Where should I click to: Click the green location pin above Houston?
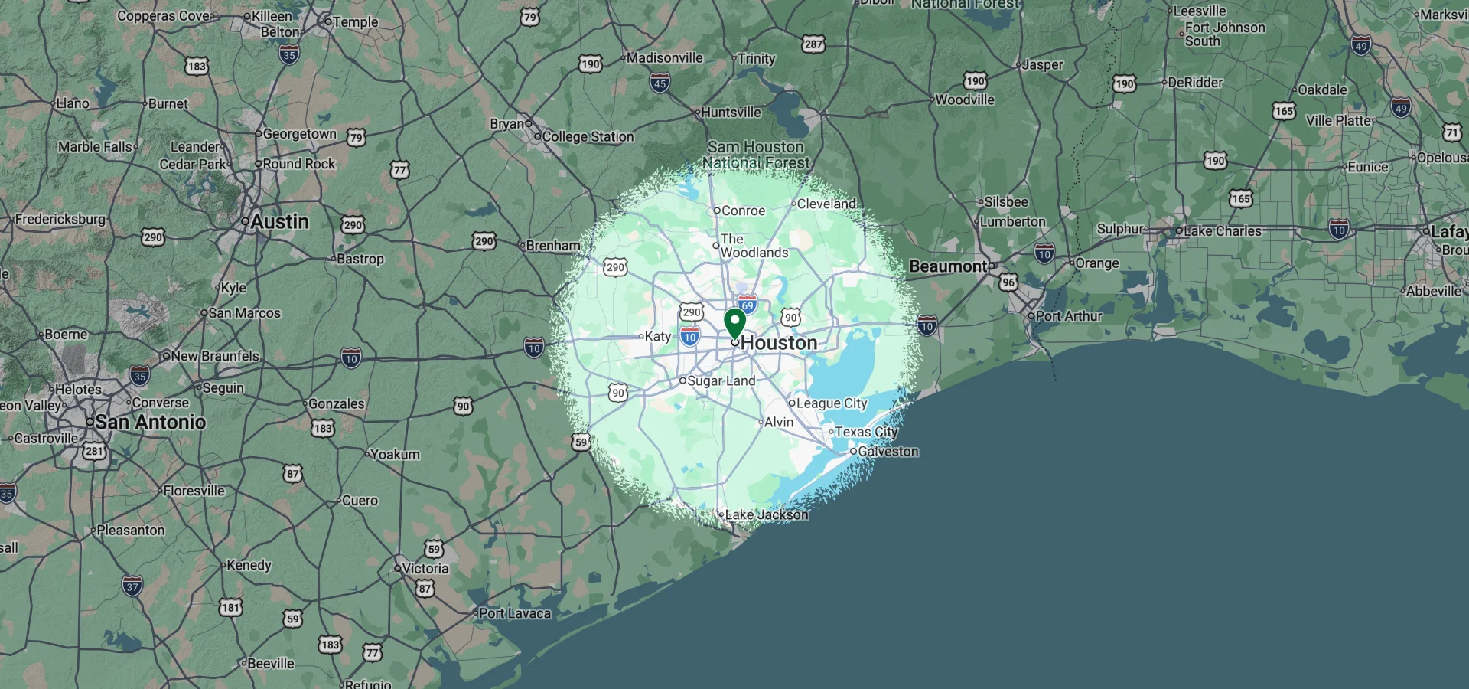pos(734,322)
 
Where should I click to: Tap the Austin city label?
pos(279,222)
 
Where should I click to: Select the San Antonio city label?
pos(150,422)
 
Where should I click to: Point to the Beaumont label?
pos(948,266)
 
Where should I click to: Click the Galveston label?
pos(888,452)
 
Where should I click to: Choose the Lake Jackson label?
pos(766,514)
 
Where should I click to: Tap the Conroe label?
pos(743,211)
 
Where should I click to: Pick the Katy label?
pos(657,336)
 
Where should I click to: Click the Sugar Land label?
pos(721,380)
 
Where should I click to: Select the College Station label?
pos(588,137)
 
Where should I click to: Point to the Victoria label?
pos(425,568)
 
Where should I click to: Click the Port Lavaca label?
pos(514,613)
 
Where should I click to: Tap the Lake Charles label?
pos(1222,231)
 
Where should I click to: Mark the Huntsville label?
pos(731,113)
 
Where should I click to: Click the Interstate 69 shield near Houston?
pos(748,304)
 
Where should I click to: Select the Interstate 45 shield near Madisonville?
pos(660,83)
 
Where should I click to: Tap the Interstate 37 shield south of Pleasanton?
pos(132,586)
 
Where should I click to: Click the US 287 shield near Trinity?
pos(813,44)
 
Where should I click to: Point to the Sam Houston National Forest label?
pos(756,155)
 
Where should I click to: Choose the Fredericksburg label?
pos(60,220)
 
